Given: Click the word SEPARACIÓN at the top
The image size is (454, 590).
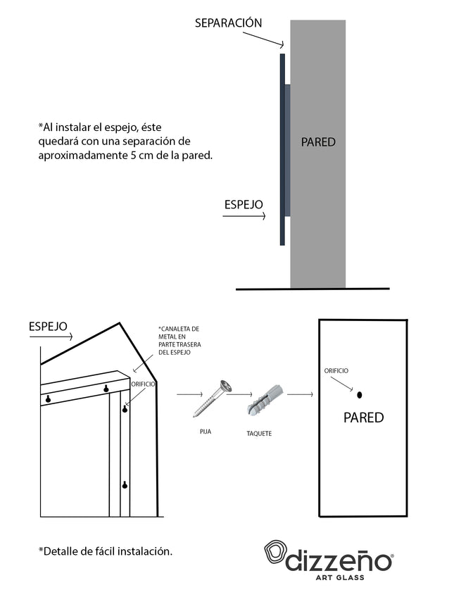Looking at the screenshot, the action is [x=228, y=23].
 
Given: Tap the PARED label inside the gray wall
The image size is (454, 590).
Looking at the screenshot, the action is [x=318, y=142].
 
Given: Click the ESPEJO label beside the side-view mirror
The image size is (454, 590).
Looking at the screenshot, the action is [x=244, y=204].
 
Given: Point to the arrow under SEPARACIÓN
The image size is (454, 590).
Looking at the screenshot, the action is [x=263, y=39].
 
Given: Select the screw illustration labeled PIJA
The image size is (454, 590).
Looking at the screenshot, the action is [x=212, y=398].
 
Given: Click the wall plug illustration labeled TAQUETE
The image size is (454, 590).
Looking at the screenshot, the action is [x=265, y=400].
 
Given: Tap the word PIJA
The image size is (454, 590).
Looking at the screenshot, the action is [x=206, y=431].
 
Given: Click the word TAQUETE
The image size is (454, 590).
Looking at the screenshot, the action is [x=259, y=433].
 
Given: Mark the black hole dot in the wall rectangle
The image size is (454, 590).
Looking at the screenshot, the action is [x=359, y=395].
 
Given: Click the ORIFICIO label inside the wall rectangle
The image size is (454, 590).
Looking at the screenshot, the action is [x=336, y=370].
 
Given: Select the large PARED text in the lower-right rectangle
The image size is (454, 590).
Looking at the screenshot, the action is [x=363, y=418].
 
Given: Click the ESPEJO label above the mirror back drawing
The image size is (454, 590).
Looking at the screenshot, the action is [x=48, y=326].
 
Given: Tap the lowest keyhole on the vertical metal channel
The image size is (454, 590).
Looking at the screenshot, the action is [x=125, y=485].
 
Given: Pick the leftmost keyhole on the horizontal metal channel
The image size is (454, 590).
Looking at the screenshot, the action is [x=48, y=398].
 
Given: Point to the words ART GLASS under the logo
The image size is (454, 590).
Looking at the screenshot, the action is [x=340, y=577].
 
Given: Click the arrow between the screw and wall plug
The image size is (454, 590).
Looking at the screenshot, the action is [x=239, y=394].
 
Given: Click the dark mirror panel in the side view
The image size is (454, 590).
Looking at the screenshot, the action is [x=282, y=149].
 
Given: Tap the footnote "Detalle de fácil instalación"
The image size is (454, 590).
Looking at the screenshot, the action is [x=106, y=551].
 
